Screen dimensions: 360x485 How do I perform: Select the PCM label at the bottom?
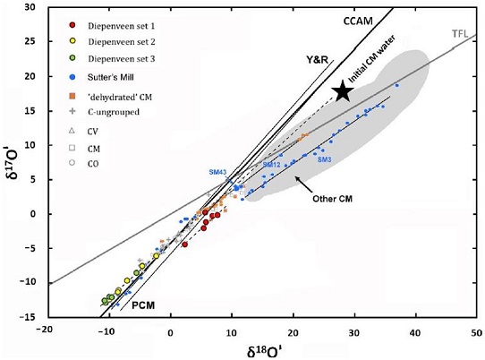(x=145, y=305)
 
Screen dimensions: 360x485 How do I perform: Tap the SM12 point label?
(x=272, y=165)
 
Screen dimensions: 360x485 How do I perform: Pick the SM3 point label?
(x=323, y=159)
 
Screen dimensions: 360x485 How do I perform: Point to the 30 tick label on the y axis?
(x=31, y=8)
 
